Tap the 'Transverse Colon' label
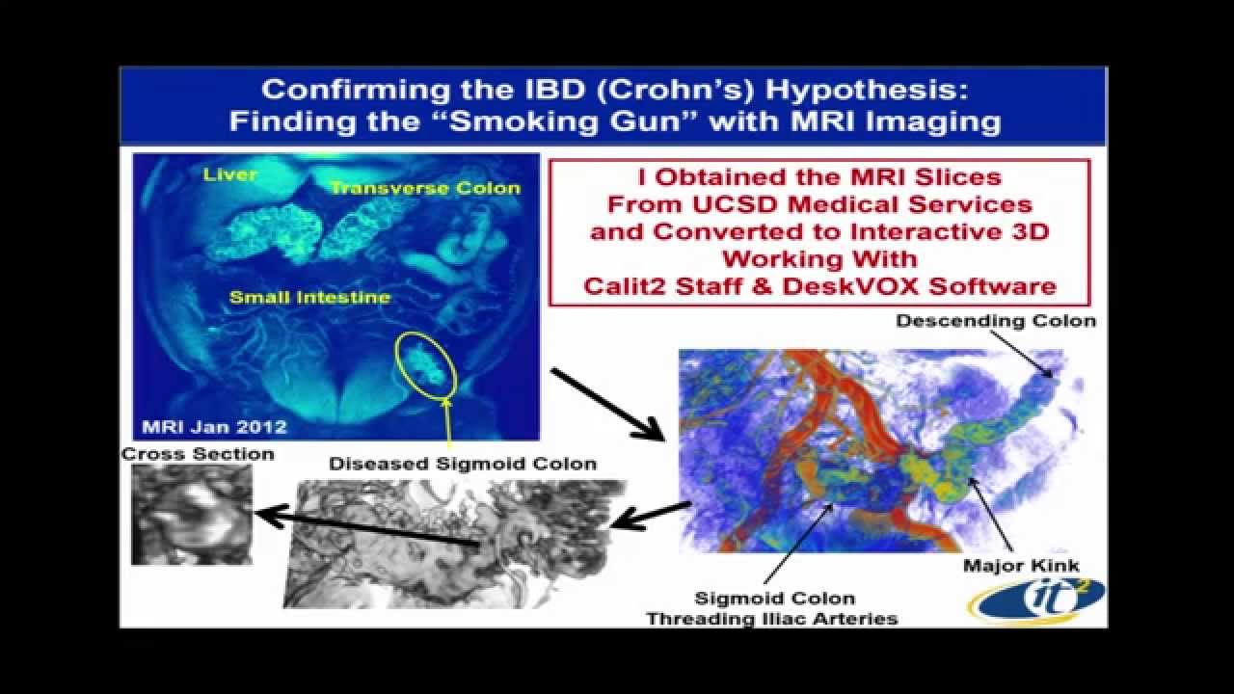tap(425, 188)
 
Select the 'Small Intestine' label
tap(309, 298)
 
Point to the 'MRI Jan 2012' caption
tap(212, 425)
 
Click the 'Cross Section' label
tap(197, 453)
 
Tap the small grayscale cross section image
tap(191, 513)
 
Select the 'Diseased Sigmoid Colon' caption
tap(463, 464)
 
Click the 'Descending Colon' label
tap(996, 321)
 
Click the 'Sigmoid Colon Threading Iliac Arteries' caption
tap(771, 608)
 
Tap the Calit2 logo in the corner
tap(1036, 601)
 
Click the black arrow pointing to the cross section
tap(366, 529)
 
